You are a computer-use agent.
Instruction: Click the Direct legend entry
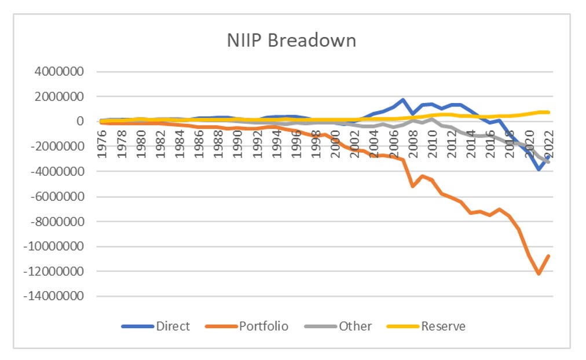173,326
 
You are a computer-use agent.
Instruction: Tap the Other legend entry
355,326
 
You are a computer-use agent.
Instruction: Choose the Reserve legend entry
443,326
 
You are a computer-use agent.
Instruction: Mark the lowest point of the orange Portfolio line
539,274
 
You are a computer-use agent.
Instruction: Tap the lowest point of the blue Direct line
539,169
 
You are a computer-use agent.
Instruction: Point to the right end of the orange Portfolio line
548,255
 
